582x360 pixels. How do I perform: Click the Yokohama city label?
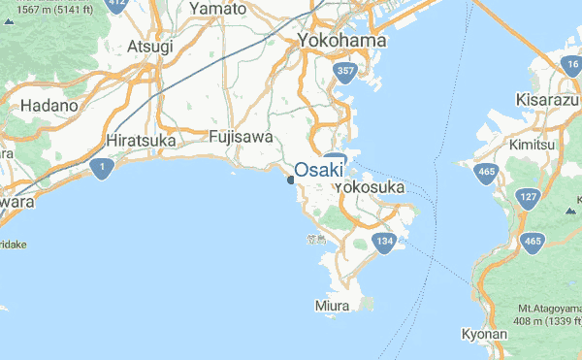[x=341, y=41]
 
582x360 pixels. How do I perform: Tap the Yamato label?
[x=218, y=9]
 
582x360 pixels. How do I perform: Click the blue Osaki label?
[x=319, y=169]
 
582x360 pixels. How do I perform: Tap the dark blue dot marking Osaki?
[x=291, y=179]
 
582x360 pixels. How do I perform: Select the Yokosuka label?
[x=369, y=187]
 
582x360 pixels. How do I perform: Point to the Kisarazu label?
[x=546, y=100]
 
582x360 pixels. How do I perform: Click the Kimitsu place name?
[x=537, y=143]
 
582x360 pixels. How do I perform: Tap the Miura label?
[x=332, y=306]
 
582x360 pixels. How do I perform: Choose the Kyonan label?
[x=484, y=334]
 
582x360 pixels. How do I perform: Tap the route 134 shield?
[x=385, y=241]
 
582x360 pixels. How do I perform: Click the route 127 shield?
[x=528, y=198]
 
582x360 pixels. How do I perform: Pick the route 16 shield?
[x=570, y=64]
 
